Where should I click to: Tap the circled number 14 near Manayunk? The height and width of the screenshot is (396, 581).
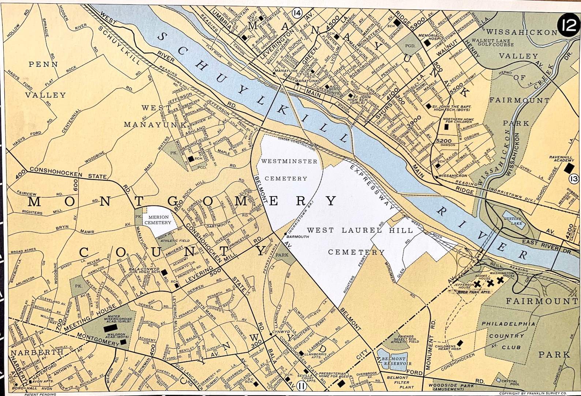click(297, 13)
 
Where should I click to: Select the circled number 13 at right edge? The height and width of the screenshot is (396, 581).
click(574, 179)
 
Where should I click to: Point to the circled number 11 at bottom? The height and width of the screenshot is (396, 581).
click(302, 385)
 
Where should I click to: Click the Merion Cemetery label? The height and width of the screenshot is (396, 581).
click(157, 220)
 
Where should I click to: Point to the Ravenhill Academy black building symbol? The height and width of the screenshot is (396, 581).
click(568, 168)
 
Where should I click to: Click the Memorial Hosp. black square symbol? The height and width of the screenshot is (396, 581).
click(427, 43)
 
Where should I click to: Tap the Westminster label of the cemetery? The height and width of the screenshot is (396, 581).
click(289, 161)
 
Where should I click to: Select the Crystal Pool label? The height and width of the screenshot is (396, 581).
click(509, 383)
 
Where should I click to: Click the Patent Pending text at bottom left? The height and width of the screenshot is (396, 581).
click(40, 394)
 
